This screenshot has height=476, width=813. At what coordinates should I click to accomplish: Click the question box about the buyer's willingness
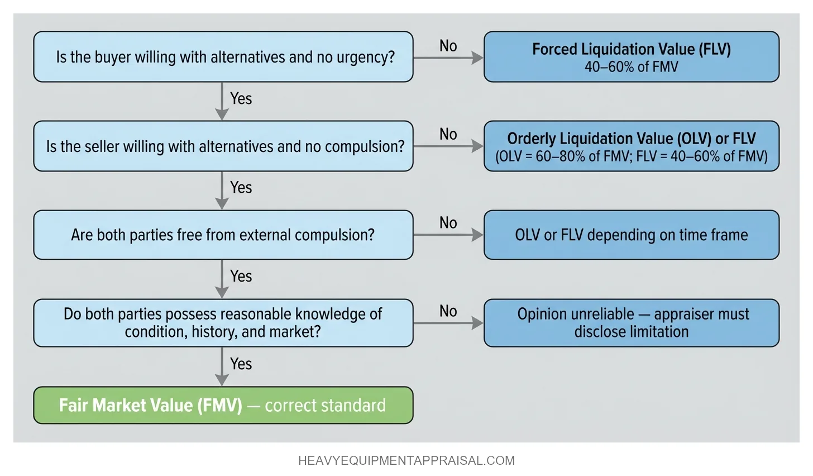[x=223, y=57]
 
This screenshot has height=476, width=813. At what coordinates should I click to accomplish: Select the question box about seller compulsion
[x=223, y=146]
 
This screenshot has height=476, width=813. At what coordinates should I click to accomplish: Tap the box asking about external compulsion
[x=223, y=235]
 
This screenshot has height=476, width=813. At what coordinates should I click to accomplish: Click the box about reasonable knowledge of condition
[x=223, y=323]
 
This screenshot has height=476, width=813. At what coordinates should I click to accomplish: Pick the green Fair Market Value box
[x=223, y=405]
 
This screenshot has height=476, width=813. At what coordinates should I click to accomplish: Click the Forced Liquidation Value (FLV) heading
[x=631, y=49]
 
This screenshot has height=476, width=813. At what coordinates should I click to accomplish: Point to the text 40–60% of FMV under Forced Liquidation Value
[x=631, y=67]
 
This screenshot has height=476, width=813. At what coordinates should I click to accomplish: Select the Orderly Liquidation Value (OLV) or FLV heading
[x=631, y=138]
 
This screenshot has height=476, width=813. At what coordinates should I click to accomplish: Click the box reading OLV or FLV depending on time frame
[x=631, y=235]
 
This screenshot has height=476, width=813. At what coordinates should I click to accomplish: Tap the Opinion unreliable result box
[x=631, y=323]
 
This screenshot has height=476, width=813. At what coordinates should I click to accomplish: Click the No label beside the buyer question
[x=448, y=46]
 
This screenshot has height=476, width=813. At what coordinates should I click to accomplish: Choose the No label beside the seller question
[x=448, y=134]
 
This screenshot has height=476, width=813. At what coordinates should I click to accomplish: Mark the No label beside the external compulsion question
[x=448, y=223]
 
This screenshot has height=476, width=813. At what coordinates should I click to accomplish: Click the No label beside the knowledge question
[x=448, y=311]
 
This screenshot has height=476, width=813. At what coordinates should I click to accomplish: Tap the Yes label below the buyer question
[x=241, y=99]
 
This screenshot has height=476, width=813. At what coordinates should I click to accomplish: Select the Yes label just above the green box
[x=241, y=364]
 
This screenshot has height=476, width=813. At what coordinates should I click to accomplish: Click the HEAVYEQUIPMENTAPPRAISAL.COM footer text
[x=406, y=461]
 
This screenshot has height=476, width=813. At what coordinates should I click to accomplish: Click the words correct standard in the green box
[x=325, y=405]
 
